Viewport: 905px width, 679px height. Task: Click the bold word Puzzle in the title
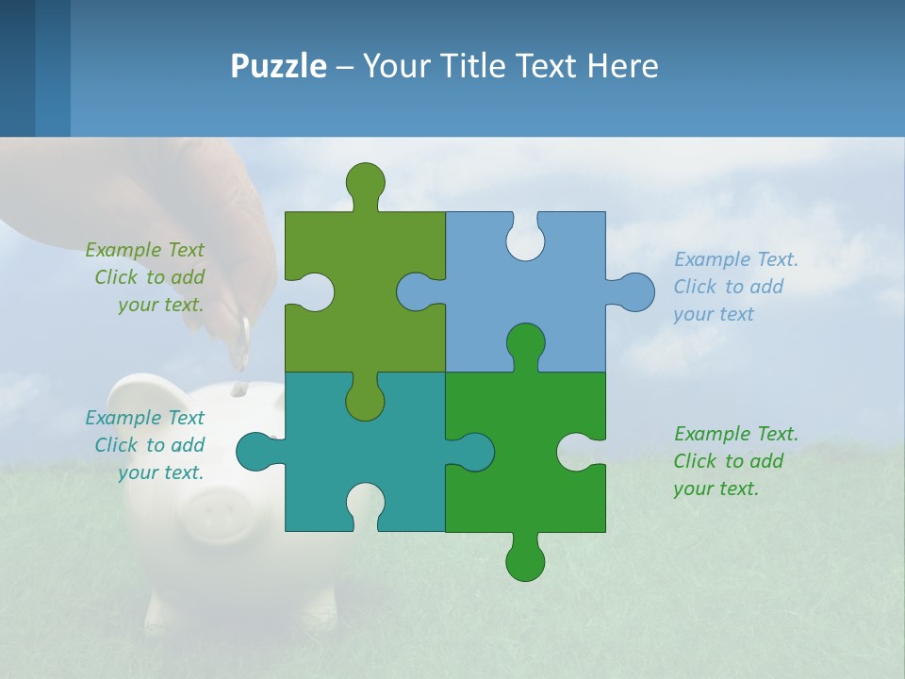click(x=278, y=66)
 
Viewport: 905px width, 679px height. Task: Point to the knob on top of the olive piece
click(x=365, y=182)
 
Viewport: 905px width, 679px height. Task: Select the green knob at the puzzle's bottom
click(x=525, y=560)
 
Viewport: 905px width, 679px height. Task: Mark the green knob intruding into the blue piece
click(x=525, y=343)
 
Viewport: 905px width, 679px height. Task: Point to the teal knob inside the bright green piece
click(x=473, y=452)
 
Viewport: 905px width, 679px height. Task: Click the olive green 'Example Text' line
click(x=144, y=250)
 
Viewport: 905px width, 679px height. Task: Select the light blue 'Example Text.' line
click(x=735, y=259)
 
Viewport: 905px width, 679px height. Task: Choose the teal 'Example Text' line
click(x=144, y=418)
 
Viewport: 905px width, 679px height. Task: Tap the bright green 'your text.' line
click(x=715, y=489)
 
